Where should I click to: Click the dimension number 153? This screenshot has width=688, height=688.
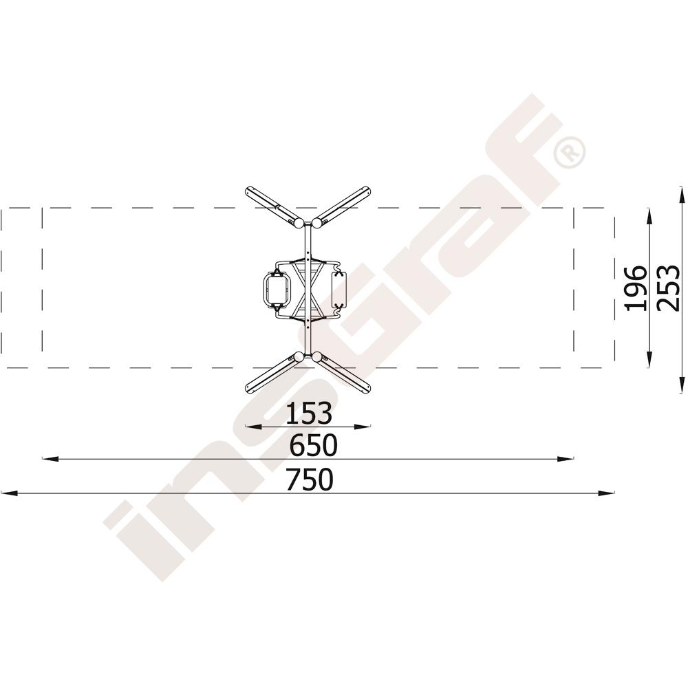pyautogui.click(x=308, y=413)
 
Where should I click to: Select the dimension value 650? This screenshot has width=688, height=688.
pyautogui.click(x=313, y=445)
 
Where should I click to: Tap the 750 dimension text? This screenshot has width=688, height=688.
pyautogui.click(x=310, y=479)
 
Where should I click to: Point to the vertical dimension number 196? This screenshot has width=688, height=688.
pyautogui.click(x=636, y=288)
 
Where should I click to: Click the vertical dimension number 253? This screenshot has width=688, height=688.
pyautogui.click(x=667, y=288)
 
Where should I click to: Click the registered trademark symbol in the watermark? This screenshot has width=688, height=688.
pyautogui.click(x=569, y=152)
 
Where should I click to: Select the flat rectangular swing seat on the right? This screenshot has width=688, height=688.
pyautogui.click(x=338, y=290)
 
